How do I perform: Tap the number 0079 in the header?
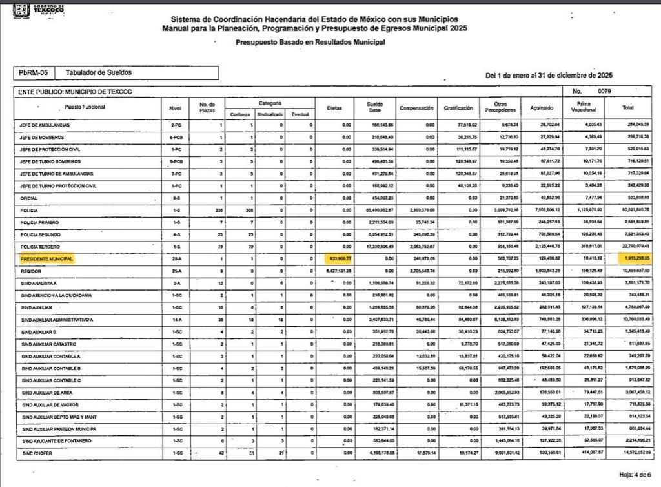click(x=604, y=92)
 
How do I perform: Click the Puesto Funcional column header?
click(x=85, y=107)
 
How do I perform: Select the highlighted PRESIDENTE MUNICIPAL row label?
click(x=46, y=259)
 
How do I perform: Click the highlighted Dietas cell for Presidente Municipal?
click(x=338, y=259)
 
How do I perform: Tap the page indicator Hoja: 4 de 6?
click(x=638, y=475)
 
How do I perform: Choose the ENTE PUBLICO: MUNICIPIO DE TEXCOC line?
click(x=75, y=92)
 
